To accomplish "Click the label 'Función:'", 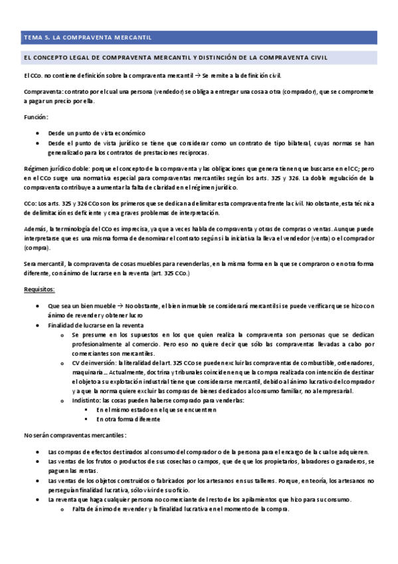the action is (x=35, y=116).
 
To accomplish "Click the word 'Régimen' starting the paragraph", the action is (x=35, y=169).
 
